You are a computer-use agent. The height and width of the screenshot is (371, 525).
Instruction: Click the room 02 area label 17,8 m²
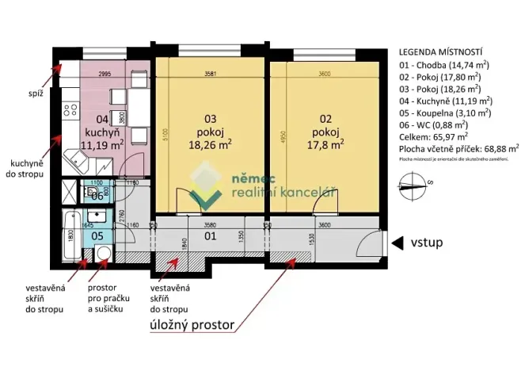click(325, 145)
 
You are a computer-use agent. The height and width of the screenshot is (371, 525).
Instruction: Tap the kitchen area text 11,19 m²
click(105, 145)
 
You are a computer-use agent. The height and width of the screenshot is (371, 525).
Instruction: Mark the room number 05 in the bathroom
click(97, 235)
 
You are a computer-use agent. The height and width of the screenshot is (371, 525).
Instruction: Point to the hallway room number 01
click(211, 235)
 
